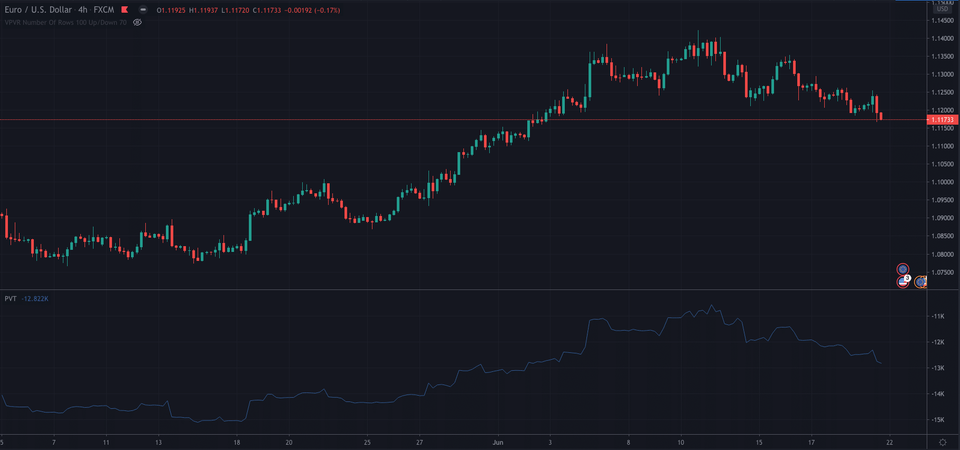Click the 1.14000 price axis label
[x=942, y=39]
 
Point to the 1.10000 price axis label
[x=942, y=182]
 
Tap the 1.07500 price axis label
[x=942, y=273]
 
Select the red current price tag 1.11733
[x=943, y=120]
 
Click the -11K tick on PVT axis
[x=938, y=316]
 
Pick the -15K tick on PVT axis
[x=938, y=420]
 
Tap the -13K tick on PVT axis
[x=938, y=368]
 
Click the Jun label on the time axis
[x=498, y=443]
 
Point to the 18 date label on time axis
[x=237, y=443]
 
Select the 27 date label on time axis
[x=420, y=443]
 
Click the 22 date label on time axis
[x=890, y=443]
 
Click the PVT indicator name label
[x=11, y=299]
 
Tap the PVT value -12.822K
[x=35, y=299]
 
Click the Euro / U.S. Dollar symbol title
[x=38, y=10]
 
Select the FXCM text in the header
[x=104, y=10]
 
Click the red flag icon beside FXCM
[x=125, y=10]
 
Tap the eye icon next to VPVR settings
[x=137, y=23]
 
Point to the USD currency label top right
[x=943, y=9]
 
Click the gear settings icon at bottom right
[x=943, y=443]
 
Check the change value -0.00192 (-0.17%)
[x=312, y=11]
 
